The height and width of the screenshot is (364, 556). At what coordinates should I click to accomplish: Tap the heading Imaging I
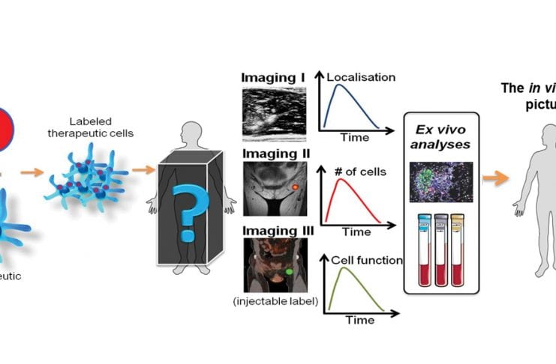[271, 77]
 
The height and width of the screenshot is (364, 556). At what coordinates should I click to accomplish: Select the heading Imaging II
[273, 154]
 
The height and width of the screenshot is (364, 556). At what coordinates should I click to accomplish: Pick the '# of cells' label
[358, 172]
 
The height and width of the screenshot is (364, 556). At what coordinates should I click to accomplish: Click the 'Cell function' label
[366, 261]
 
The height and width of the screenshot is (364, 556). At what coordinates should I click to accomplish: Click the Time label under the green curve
[359, 320]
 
